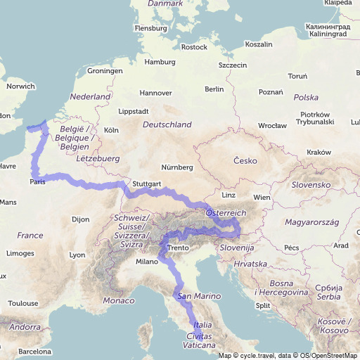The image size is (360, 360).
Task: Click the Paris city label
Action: coord(38,182)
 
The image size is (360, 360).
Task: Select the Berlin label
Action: coord(214,89)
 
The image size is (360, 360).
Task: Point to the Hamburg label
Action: coord(160,62)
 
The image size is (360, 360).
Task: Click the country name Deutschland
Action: coord(167,124)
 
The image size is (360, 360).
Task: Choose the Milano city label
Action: coord(147,262)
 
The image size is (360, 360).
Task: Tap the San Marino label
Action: coord(195,297)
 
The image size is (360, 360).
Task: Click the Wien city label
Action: coord(262,198)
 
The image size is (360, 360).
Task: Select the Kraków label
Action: coord(319,153)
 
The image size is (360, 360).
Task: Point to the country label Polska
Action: coord(306,98)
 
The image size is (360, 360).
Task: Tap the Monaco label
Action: coord(118,301)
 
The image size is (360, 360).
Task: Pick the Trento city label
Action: coord(179,248)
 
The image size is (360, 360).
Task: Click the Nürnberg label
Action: coord(176,167)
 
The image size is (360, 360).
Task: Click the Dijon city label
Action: coord(81,219)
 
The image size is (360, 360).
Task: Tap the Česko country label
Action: coord(246,161)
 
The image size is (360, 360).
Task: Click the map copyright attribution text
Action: coord(288,355)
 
